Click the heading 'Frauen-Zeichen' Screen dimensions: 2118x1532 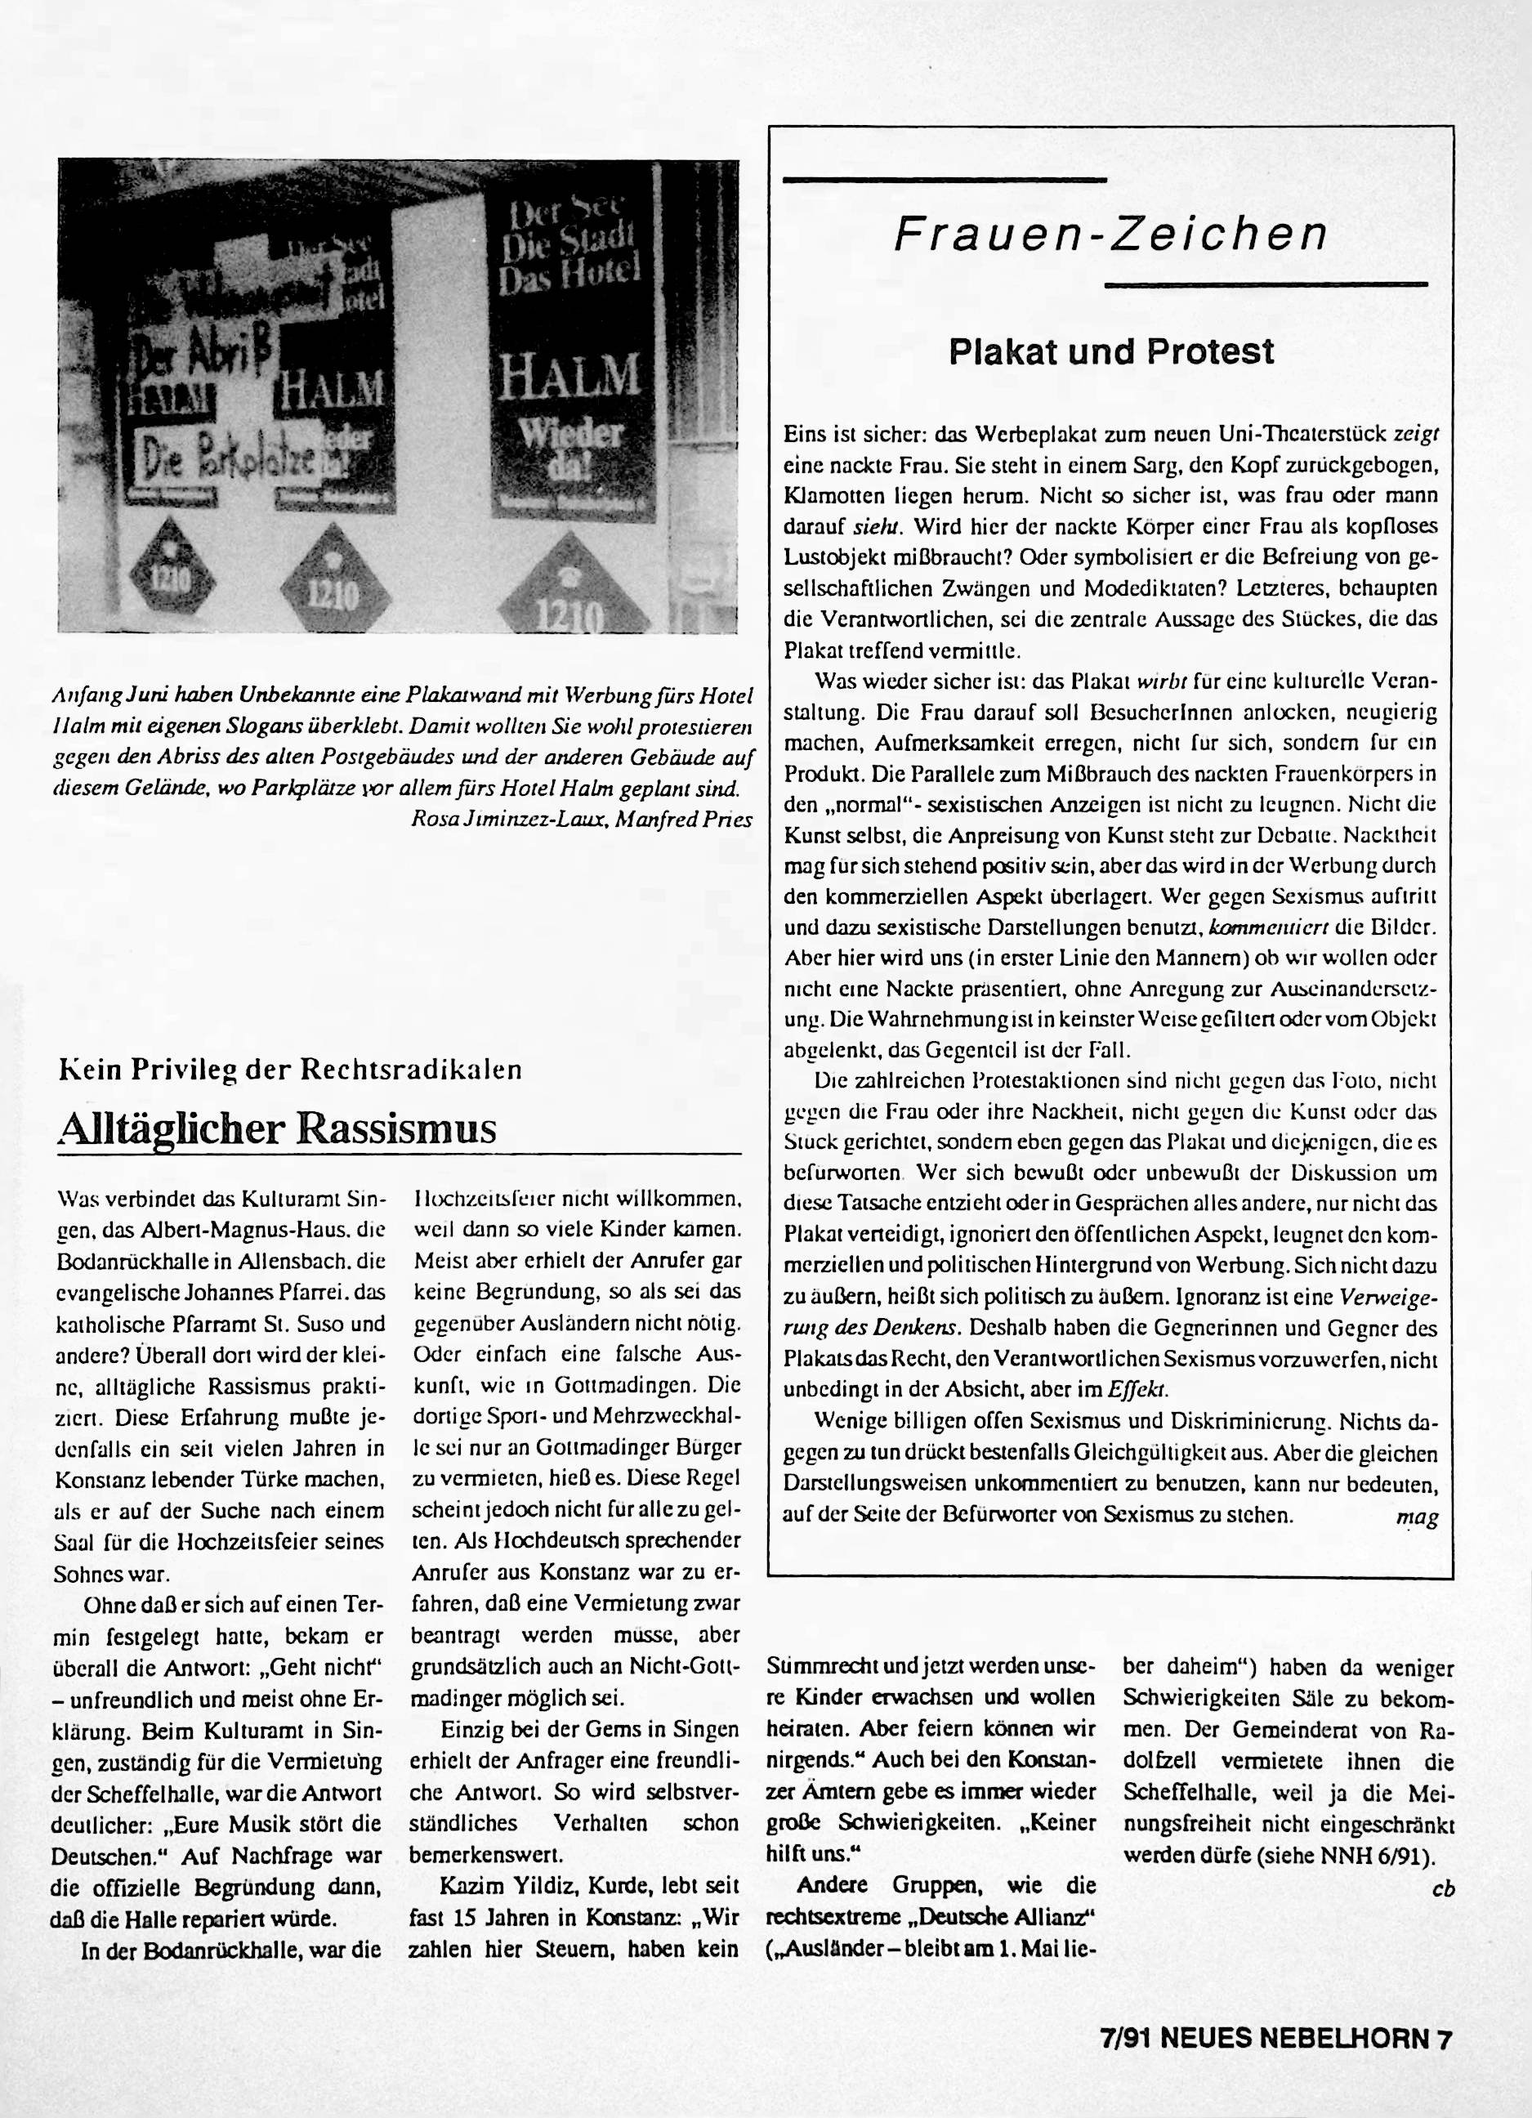[1110, 235]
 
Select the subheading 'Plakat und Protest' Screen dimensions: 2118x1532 [1111, 352]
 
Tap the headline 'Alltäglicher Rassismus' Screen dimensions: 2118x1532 [276, 1128]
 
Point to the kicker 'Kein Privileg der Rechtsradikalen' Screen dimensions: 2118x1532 [289, 1070]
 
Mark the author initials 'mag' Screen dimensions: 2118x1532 [1416, 1517]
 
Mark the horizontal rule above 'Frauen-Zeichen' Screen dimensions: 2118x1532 [945, 178]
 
